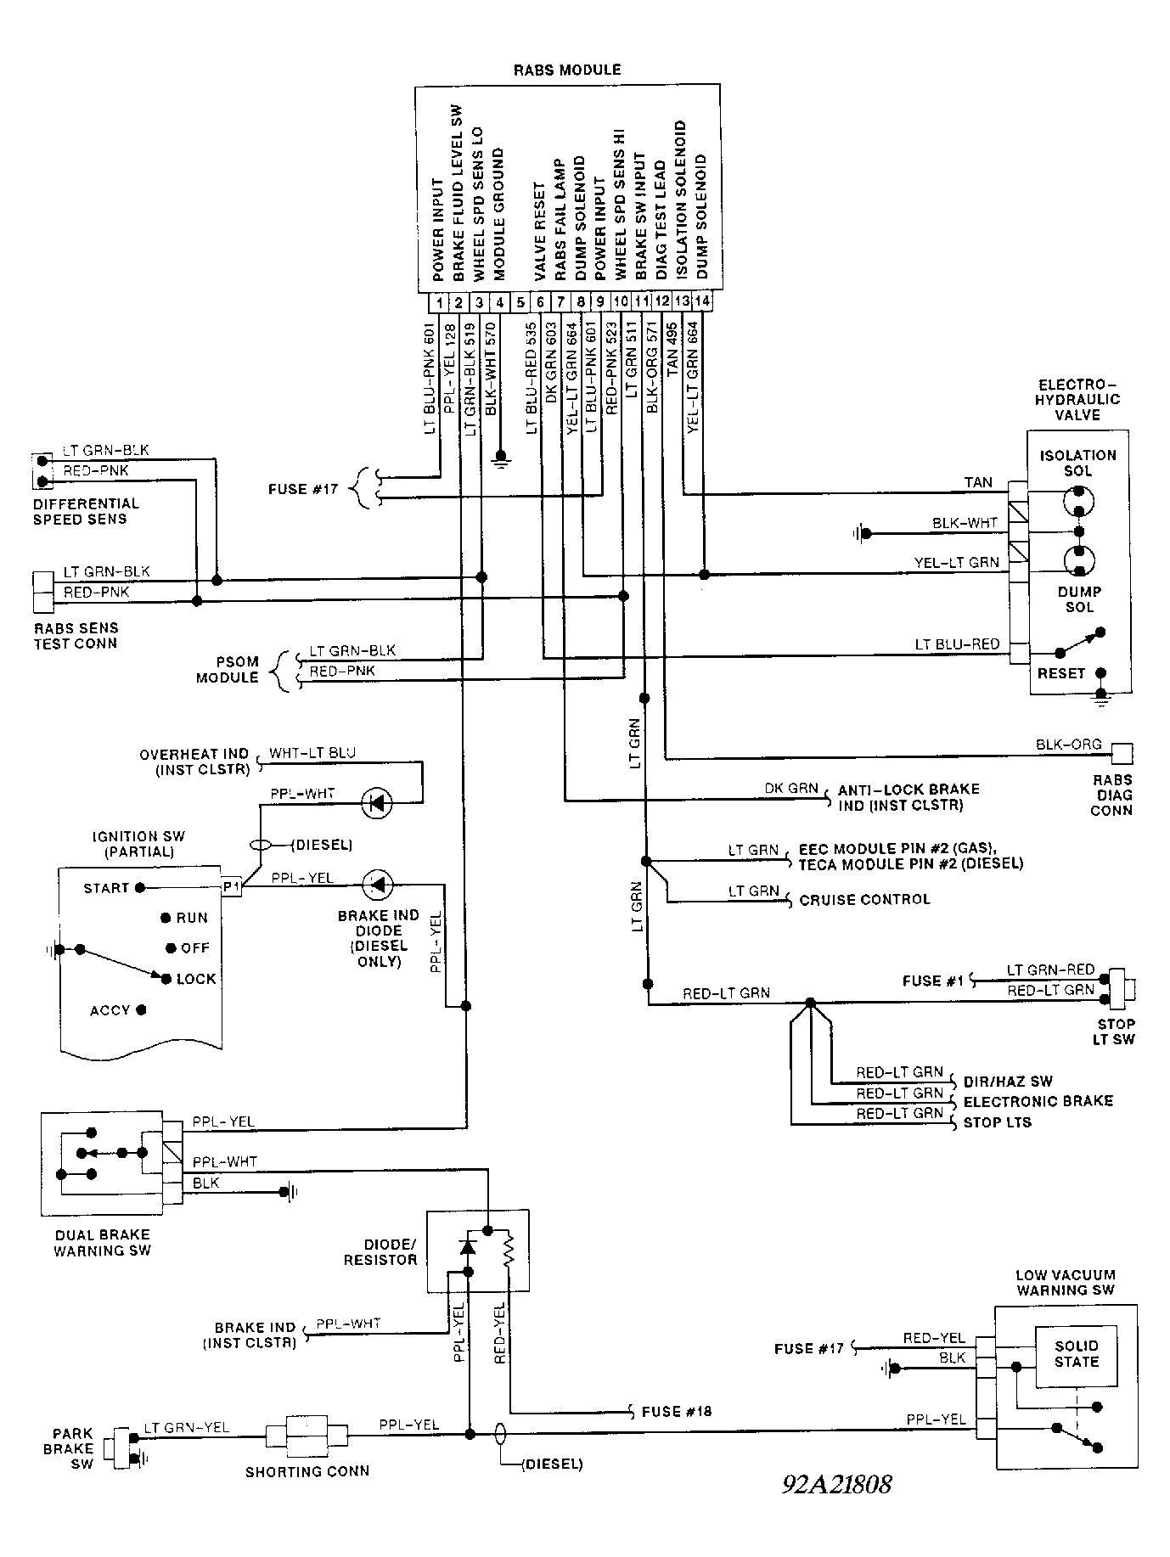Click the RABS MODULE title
[567, 70]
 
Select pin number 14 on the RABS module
[701, 301]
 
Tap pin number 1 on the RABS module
[437, 302]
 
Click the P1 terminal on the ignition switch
[232, 885]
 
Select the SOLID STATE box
[1076, 1353]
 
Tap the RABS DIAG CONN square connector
[1122, 753]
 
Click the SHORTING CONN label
[307, 1471]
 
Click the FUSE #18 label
[676, 1412]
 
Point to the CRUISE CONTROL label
[864, 899]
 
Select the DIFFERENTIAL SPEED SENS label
[86, 511]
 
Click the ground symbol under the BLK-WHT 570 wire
[501, 463]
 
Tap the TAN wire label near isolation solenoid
[978, 482]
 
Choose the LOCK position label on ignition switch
[196, 979]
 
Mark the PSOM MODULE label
[227, 670]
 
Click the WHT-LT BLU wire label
[312, 753]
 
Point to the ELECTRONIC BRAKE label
[1038, 1101]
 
